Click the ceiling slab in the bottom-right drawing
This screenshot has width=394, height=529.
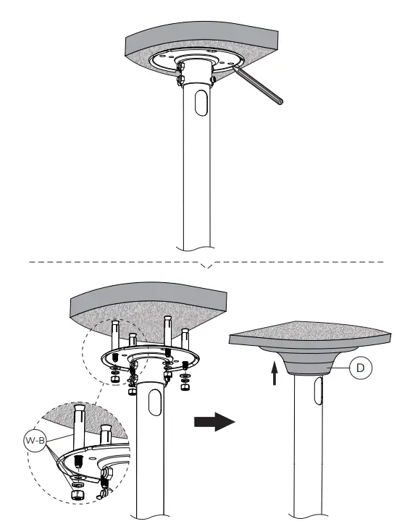click(x=304, y=334)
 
